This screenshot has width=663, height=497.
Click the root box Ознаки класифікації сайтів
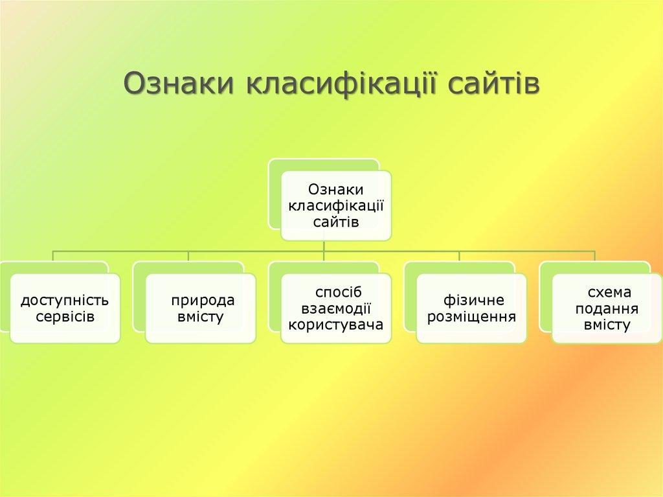click(336, 205)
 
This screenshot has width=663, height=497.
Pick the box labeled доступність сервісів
click(65, 308)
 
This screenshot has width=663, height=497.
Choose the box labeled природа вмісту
click(200, 308)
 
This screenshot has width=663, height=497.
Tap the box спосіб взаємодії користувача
click(336, 308)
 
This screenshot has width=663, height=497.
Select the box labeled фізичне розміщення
click(471, 308)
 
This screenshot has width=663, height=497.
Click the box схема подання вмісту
click(607, 308)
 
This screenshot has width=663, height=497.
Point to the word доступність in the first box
click(65, 301)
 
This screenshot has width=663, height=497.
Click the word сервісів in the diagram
click(65, 317)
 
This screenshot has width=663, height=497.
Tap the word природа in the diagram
click(203, 301)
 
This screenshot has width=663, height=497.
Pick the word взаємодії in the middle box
click(336, 308)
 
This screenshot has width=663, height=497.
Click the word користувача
click(336, 325)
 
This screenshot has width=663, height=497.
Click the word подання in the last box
click(607, 308)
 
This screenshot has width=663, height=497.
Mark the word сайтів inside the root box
click(336, 222)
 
